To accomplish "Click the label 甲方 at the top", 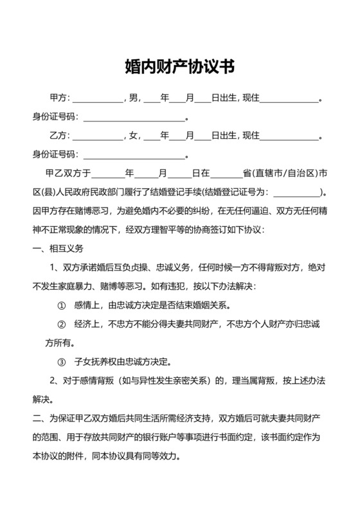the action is tap(59, 99).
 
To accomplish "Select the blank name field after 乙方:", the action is tap(98, 136).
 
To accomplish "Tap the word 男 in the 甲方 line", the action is tap(133, 99).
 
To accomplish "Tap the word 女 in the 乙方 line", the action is tap(133, 136).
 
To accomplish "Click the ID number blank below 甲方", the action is tap(134, 118).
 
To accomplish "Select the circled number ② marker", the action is tap(62, 323).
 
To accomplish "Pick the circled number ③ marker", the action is tap(62, 360).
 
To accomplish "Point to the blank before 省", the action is tap(226, 174).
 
